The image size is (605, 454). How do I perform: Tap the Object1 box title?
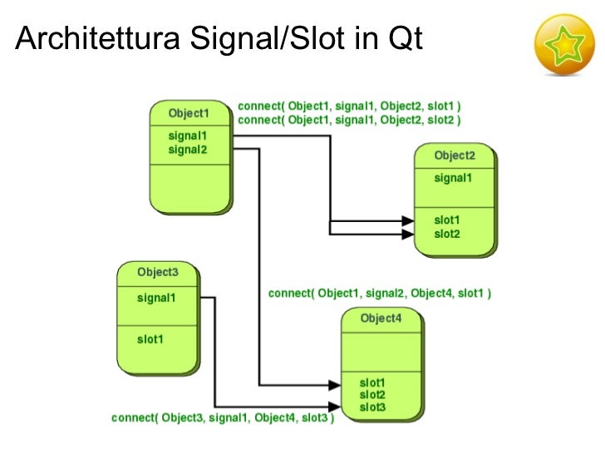pyautogui.click(x=189, y=113)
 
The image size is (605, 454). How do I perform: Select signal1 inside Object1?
pyautogui.click(x=187, y=136)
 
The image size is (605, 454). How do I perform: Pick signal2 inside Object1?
pyautogui.click(x=187, y=150)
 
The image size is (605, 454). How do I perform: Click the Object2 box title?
pyautogui.click(x=455, y=155)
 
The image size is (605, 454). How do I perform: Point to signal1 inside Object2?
pyautogui.click(x=453, y=178)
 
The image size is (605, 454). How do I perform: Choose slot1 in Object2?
pyautogui.click(x=446, y=220)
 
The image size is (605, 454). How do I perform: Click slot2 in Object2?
pyautogui.click(x=446, y=234)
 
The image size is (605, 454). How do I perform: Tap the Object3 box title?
pyautogui.click(x=158, y=272)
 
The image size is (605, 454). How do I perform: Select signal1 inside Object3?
pyautogui.click(x=156, y=297)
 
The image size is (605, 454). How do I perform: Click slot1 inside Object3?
pyautogui.click(x=150, y=338)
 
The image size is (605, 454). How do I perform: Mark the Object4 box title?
pyautogui.click(x=381, y=318)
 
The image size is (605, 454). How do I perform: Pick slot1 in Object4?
pyautogui.click(x=372, y=382)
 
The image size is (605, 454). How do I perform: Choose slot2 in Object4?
pyautogui.click(x=372, y=394)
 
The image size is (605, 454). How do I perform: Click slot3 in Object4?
pyautogui.click(x=372, y=407)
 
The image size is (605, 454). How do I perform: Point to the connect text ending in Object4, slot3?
pyautogui.click(x=223, y=418)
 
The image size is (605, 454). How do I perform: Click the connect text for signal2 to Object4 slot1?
pyautogui.click(x=380, y=294)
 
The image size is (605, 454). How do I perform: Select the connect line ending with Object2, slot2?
pyautogui.click(x=349, y=120)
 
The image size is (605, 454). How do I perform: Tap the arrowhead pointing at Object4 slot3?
pyautogui.click(x=334, y=407)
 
